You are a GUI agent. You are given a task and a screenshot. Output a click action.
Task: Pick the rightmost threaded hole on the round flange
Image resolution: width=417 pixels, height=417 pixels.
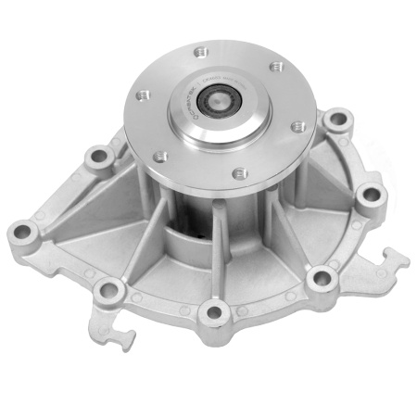click(297, 126)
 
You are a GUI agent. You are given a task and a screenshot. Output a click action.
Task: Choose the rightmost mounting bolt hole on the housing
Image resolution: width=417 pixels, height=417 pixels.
click(371, 195)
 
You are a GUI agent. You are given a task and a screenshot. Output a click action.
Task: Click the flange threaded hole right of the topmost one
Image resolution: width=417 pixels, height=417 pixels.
click(274, 66)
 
